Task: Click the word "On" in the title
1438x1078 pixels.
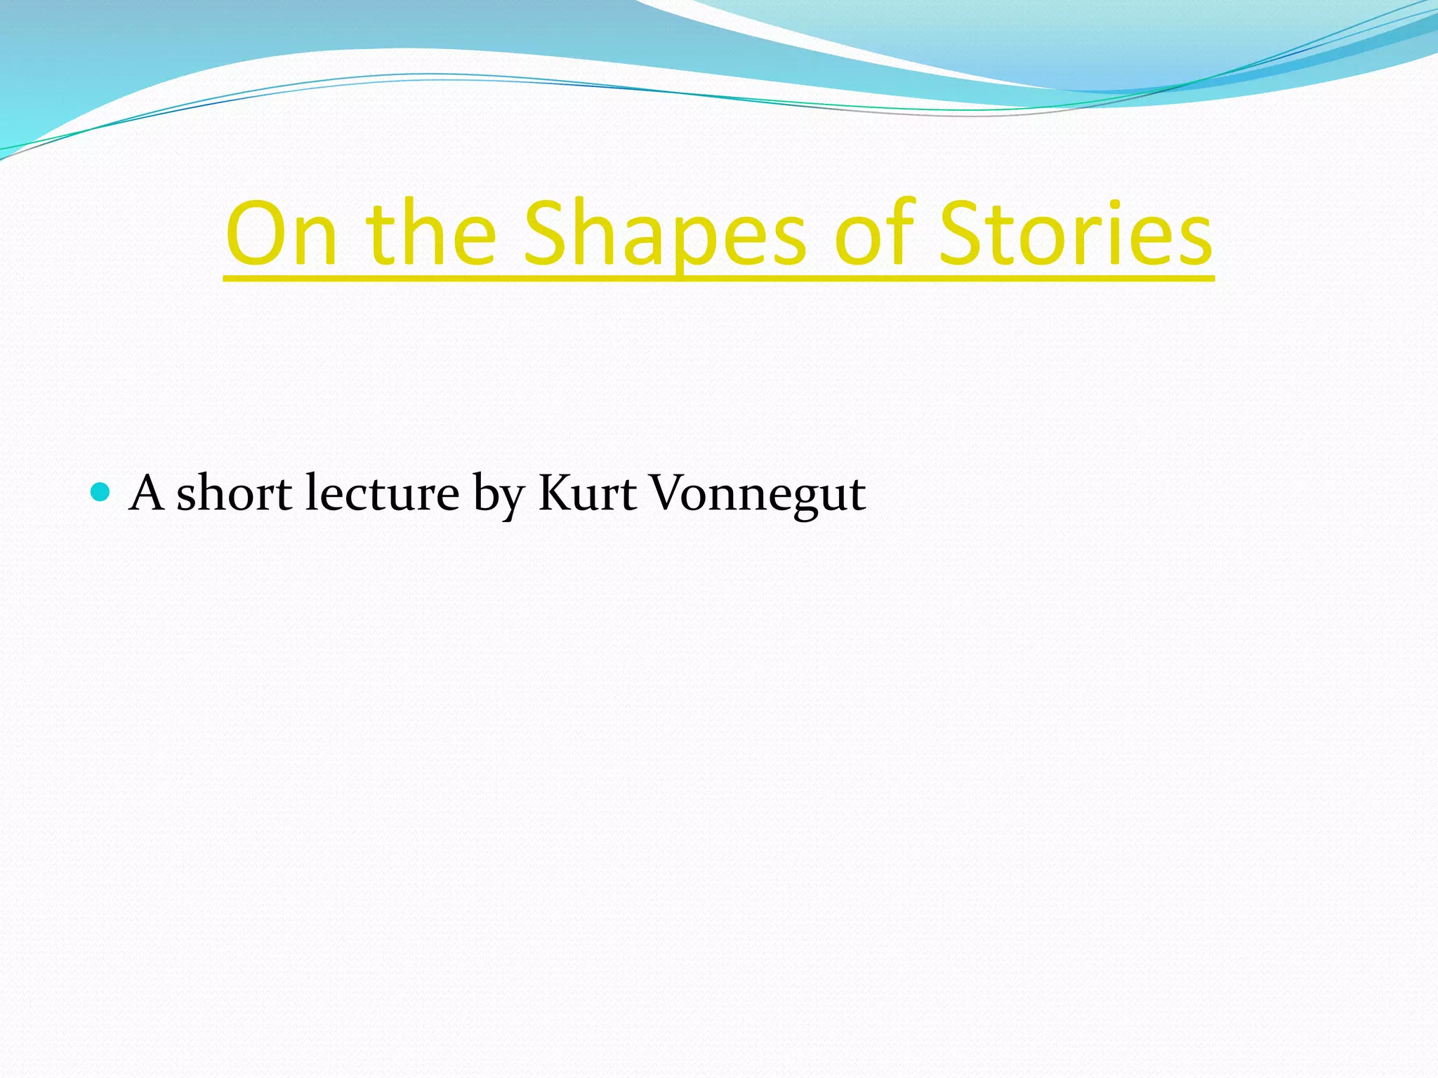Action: click(282, 234)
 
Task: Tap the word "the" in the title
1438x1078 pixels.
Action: click(430, 234)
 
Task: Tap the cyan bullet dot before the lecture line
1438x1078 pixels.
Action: click(101, 492)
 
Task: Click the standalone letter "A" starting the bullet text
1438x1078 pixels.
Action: click(147, 493)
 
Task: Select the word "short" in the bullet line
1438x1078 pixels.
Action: click(234, 493)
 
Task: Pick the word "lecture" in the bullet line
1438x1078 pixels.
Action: click(383, 493)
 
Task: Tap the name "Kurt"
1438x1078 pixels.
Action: click(587, 493)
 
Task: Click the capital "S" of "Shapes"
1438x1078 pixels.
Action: click(549, 234)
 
